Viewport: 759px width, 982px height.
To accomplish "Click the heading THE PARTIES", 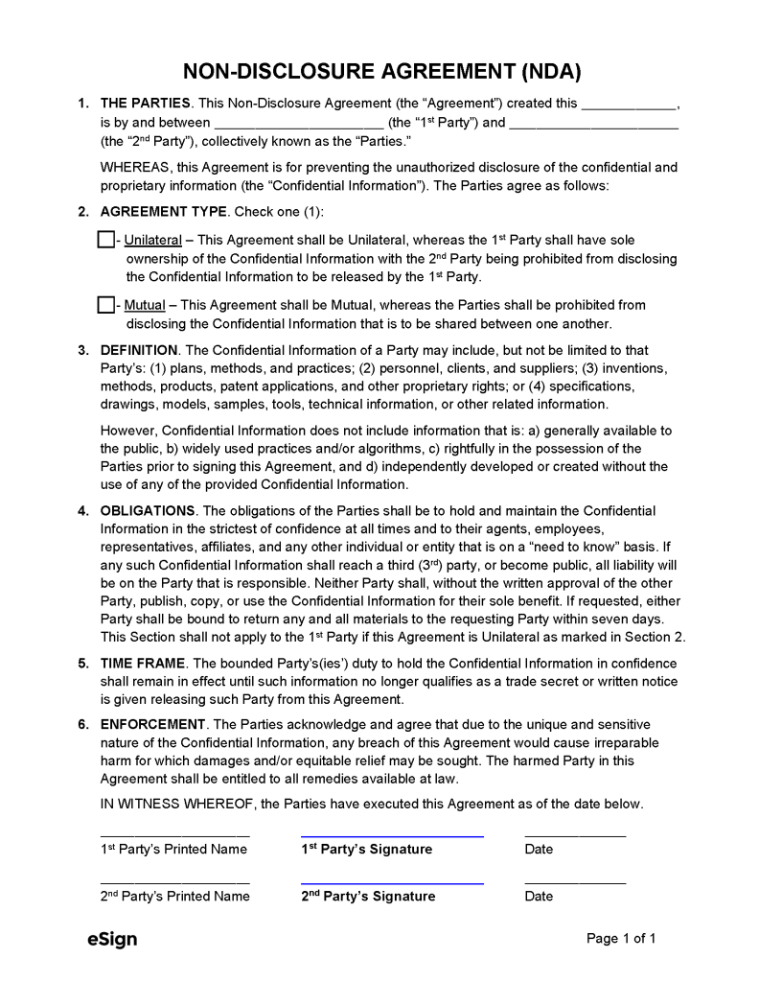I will (x=147, y=104).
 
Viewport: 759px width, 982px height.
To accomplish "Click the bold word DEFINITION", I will (x=139, y=350).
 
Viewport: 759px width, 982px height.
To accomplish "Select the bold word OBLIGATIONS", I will (x=148, y=511).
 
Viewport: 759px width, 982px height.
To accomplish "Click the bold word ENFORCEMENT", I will (x=153, y=724).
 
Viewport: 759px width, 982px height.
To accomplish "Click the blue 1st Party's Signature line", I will (x=392, y=835).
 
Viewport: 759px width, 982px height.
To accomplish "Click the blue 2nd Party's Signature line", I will (x=392, y=882).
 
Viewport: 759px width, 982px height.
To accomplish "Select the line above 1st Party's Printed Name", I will (x=174, y=835).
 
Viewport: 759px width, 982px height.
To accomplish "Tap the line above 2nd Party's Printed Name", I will (x=174, y=882).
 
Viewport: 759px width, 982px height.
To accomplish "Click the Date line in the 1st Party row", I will (x=575, y=835).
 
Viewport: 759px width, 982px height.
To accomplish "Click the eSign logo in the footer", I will (x=105, y=940).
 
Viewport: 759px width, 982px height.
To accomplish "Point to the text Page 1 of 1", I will (x=621, y=939).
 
